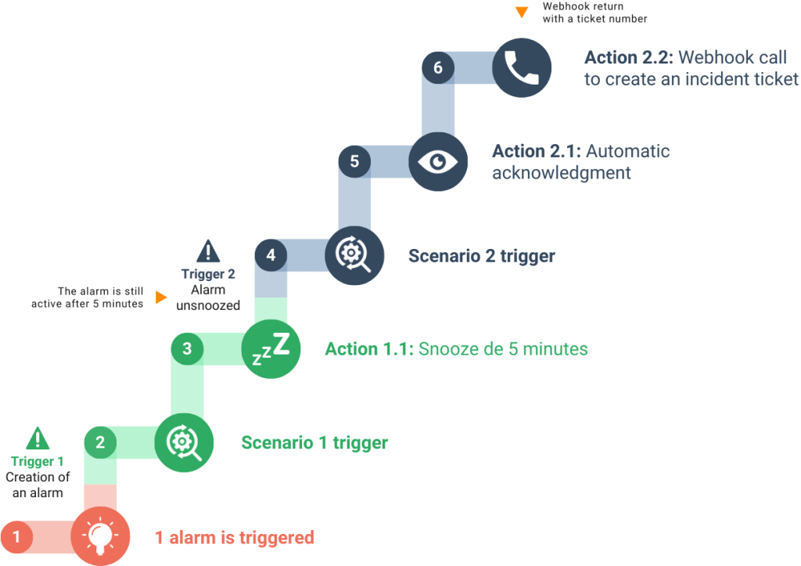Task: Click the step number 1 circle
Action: [x=16, y=537]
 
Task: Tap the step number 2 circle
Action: [x=100, y=442]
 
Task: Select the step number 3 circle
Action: [x=187, y=348]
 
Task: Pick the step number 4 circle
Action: [x=271, y=254]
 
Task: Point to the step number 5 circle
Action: [x=354, y=161]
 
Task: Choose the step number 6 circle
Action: [x=438, y=67]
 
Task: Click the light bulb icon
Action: [x=99, y=536]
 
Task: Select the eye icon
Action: [x=438, y=161]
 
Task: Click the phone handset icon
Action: [x=521, y=67]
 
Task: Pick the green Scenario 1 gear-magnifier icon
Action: [x=184, y=443]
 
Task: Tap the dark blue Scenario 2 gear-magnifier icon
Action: [x=354, y=255]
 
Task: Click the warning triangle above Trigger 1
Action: [x=37, y=438]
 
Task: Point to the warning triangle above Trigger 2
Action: [x=208, y=251]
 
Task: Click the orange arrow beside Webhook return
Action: [x=522, y=13]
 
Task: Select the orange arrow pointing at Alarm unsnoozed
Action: [x=161, y=297]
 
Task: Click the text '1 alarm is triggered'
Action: [x=235, y=538]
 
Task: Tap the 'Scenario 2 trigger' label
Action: [x=482, y=256]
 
